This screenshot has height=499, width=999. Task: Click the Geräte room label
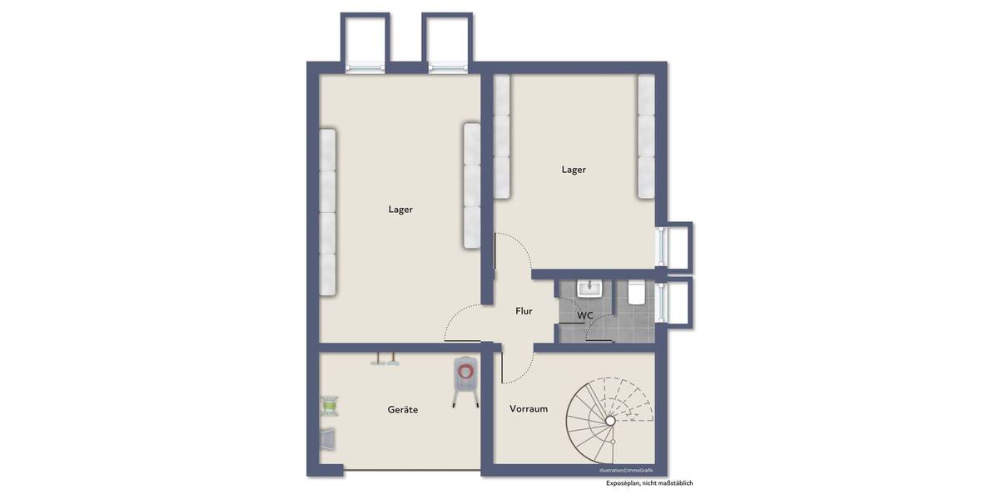point(402,410)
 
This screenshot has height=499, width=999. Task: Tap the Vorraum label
point(529,408)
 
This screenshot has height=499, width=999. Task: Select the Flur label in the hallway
point(524,311)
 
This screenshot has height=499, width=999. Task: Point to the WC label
point(585,316)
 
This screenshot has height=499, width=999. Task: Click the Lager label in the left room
point(400,210)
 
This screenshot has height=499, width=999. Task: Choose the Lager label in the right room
point(574,170)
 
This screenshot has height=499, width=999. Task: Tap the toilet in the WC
point(637,292)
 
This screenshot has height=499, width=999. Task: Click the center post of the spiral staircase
point(610,422)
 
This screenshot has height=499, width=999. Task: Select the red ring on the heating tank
point(466,371)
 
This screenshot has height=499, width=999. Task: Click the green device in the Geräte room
point(330,405)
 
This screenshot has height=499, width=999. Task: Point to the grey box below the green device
point(329,437)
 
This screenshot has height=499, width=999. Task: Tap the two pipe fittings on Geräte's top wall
point(385,361)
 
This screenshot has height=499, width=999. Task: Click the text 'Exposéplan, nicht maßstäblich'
point(649,483)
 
